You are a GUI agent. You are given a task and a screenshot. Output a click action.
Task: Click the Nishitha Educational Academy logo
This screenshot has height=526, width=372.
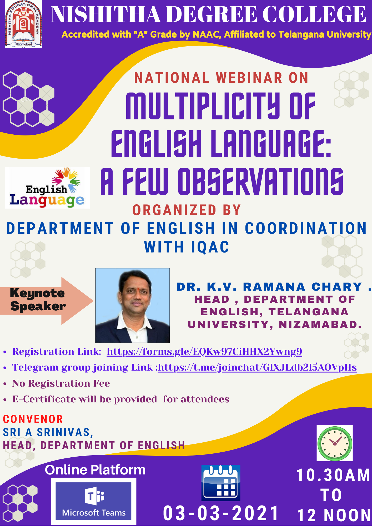coord(23,24)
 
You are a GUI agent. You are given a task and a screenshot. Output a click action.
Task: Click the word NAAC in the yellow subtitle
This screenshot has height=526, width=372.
coord(207,34)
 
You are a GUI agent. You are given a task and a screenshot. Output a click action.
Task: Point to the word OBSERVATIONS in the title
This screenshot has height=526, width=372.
coord(261,182)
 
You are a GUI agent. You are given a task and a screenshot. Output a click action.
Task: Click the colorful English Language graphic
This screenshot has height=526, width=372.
coord(47,188)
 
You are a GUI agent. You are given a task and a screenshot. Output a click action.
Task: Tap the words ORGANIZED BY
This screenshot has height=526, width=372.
coord(187,210)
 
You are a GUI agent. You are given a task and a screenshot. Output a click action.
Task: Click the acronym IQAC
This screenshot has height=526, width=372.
coord(210,247)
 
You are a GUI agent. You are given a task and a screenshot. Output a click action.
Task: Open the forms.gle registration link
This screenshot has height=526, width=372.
coord(204,352)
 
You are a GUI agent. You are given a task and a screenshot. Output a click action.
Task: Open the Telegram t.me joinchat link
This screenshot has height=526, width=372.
coord(257,367)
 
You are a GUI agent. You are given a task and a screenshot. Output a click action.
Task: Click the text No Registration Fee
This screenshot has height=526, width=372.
coord(61,383)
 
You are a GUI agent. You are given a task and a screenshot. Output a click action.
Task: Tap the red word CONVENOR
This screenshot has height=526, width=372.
coord(33,419)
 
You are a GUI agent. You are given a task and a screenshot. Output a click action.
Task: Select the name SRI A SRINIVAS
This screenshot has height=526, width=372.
coord(48,432)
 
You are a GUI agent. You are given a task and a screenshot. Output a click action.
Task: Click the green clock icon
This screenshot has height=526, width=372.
coord(335,443)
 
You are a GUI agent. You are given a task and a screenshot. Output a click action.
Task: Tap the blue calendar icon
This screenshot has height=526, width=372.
coord(221,483)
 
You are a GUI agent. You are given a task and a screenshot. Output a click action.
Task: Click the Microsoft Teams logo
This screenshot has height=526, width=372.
coord(94,501)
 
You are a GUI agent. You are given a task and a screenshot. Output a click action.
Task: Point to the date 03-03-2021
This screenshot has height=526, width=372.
coord(220,513)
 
